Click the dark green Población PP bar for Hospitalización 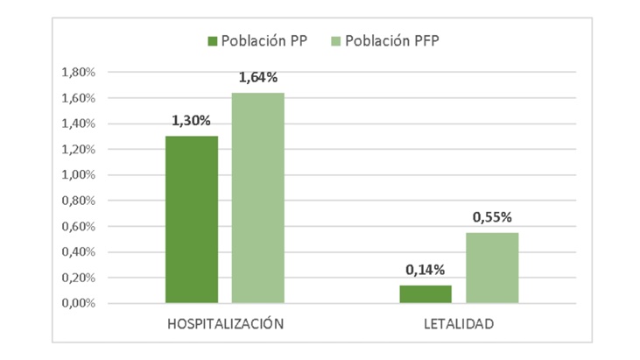coord(192,220)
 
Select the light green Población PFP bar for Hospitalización coord(257,198)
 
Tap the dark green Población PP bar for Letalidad coord(425,294)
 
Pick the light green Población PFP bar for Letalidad coord(492,268)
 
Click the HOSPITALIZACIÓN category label coord(226,324)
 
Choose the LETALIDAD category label coord(459,324)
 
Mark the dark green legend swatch coord(212,41)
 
